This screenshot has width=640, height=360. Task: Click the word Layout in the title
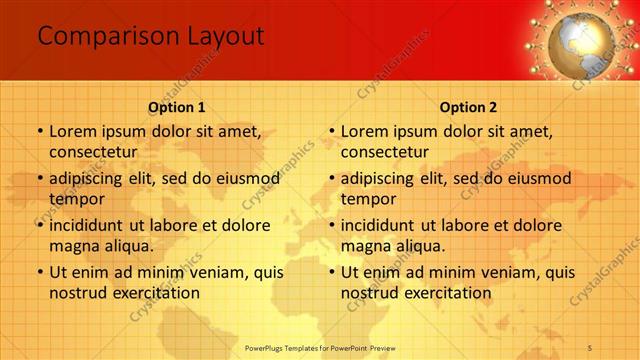pyautogui.click(x=225, y=37)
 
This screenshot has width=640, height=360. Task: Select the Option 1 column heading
pyautogui.click(x=177, y=107)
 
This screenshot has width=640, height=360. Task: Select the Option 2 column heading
pyautogui.click(x=468, y=107)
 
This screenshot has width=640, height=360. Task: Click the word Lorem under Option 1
pyautogui.click(x=73, y=131)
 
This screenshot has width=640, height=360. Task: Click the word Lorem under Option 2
pyautogui.click(x=365, y=131)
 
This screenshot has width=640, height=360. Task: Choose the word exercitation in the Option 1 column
pyautogui.click(x=155, y=293)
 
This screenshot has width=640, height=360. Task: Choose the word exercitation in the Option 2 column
pyautogui.click(x=447, y=293)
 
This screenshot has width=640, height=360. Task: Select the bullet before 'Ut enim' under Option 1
pyautogui.click(x=39, y=272)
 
